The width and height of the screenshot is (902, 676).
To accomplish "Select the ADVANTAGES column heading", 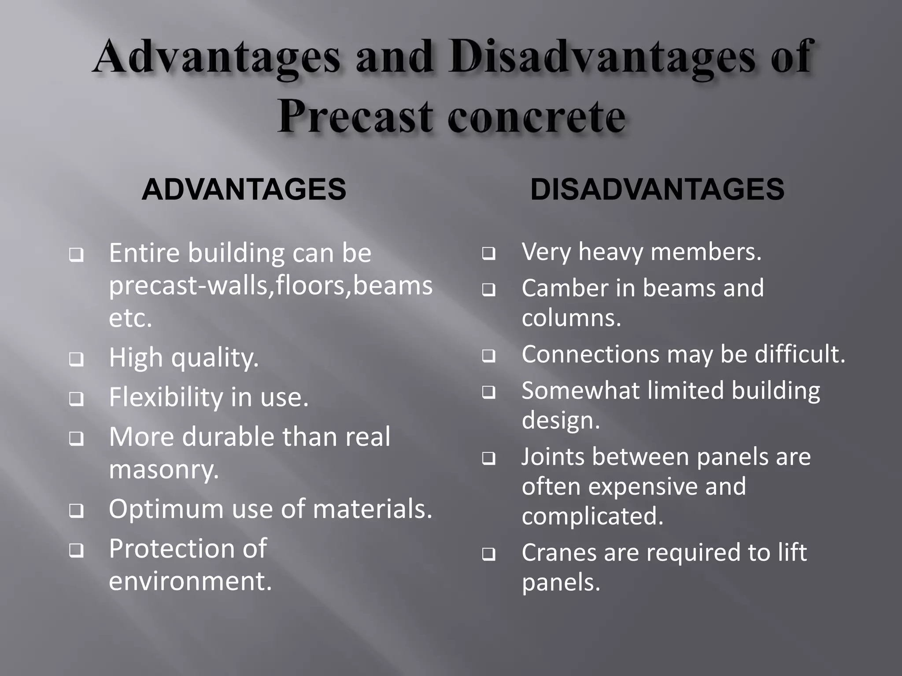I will (244, 189).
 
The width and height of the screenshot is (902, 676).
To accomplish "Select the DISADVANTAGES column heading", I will (657, 189).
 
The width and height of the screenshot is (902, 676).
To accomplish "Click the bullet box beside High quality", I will (76, 360).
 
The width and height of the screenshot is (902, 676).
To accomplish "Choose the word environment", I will (190, 581).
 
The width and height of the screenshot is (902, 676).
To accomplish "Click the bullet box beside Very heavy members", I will (488, 254).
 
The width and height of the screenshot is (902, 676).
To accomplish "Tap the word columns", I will (571, 318).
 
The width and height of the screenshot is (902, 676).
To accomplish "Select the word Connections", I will (590, 354).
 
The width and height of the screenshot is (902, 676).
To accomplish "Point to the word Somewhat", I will (580, 391).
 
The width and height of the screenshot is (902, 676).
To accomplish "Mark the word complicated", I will (592, 516).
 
